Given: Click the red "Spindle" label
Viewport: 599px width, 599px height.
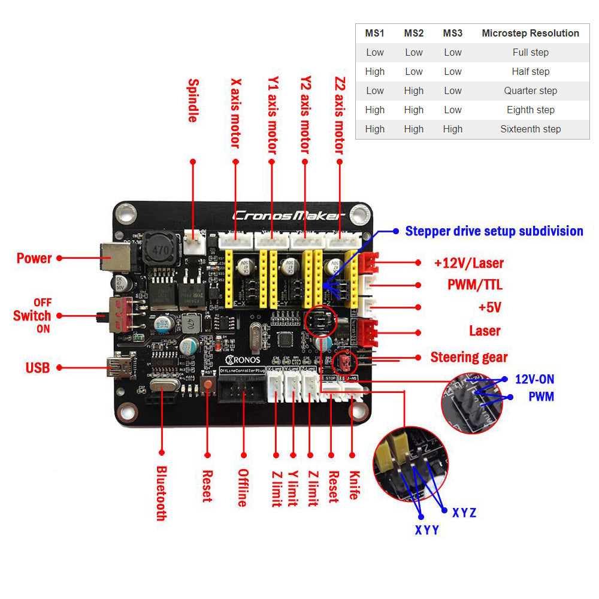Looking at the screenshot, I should pyautogui.click(x=192, y=101).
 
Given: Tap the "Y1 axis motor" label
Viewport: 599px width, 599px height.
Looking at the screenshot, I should pyautogui.click(x=273, y=114).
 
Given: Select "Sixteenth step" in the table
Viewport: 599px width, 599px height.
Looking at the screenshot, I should pyautogui.click(x=530, y=129).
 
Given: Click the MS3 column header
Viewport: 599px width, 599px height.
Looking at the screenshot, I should pyautogui.click(x=453, y=34).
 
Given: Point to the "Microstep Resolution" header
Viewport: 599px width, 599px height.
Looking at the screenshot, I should pyautogui.click(x=530, y=34).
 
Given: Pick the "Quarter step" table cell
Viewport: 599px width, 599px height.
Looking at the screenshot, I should pyautogui.click(x=530, y=90).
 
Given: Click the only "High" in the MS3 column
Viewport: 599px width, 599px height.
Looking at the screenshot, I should pyautogui.click(x=453, y=129).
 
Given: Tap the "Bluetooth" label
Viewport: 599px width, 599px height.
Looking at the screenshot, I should pyautogui.click(x=161, y=493).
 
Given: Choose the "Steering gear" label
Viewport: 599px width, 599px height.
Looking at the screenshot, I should pyautogui.click(x=469, y=358).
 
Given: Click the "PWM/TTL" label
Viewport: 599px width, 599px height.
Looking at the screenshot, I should pyautogui.click(x=474, y=285).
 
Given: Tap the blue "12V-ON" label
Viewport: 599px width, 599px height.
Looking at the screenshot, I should pyautogui.click(x=535, y=379).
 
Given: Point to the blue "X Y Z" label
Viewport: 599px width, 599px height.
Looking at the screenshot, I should pyautogui.click(x=464, y=513).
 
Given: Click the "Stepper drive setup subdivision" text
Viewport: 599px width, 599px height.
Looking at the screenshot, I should pyautogui.click(x=494, y=231).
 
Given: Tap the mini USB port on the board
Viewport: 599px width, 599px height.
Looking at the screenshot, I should pyautogui.click(x=119, y=367).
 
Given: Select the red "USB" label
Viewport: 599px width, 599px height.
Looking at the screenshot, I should pyautogui.click(x=38, y=368).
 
